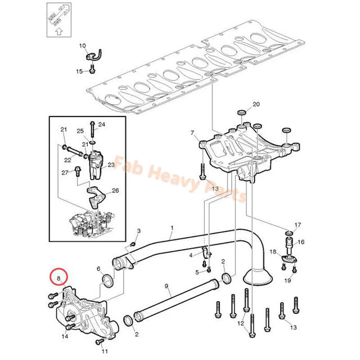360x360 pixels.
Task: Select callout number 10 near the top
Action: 82,46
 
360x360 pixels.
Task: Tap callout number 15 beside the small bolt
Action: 79,71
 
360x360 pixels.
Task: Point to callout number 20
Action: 256,105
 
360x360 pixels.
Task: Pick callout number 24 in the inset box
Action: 101,124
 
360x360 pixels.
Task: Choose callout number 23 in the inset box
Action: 111,165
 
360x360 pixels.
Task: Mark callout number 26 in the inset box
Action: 115,190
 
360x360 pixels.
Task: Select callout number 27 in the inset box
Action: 64,172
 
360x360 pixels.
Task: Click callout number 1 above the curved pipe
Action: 172,229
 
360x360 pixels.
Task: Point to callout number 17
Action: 298,225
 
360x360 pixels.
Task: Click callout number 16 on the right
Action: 300,242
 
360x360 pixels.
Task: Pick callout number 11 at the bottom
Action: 105,351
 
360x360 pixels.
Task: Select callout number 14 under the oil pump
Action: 64,336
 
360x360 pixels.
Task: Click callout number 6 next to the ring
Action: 98,269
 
